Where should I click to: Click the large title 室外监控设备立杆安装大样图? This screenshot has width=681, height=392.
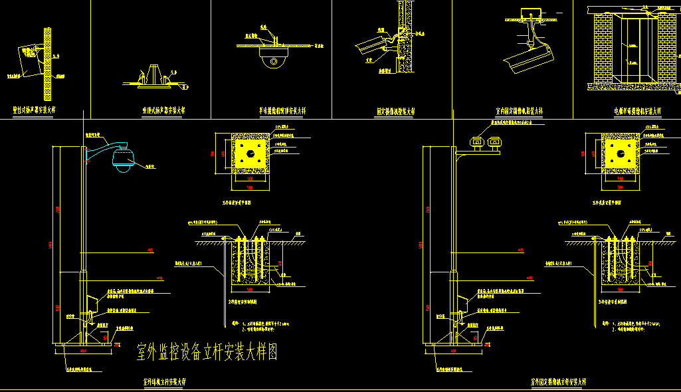coord(207,352)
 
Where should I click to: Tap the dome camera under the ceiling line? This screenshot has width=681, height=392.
coord(272,60)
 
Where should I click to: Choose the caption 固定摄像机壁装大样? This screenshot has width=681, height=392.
coord(396,111)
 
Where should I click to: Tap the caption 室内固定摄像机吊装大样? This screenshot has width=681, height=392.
coord(520,111)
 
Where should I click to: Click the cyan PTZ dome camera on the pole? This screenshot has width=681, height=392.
coord(123,160)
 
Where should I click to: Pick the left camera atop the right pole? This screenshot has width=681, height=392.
coord(476,141)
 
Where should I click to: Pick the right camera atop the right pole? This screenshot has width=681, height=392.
coord(494,141)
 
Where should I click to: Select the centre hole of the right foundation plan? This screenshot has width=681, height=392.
coord(621,154)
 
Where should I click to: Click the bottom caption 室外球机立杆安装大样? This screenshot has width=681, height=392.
coord(165,382)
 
